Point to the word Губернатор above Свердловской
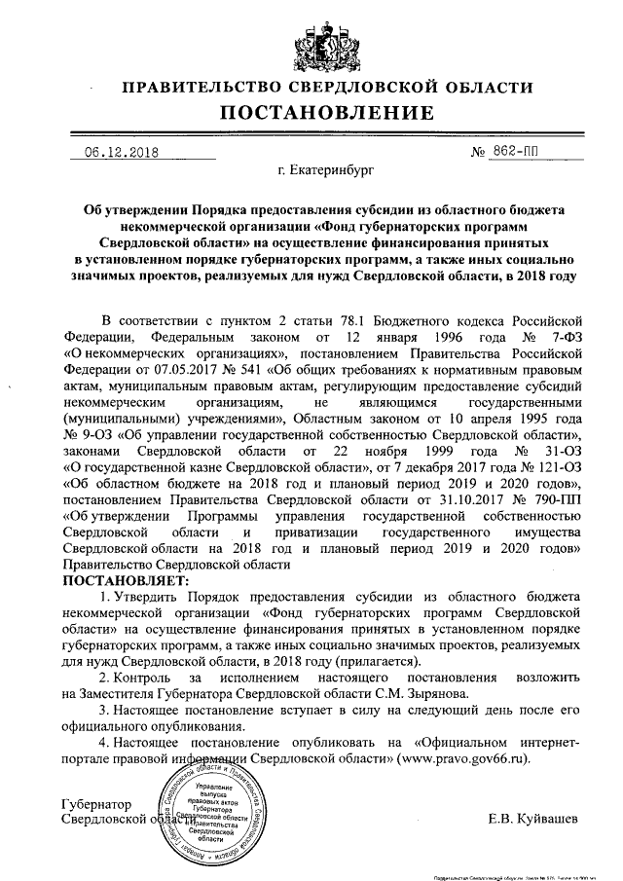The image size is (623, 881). click(94, 804)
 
